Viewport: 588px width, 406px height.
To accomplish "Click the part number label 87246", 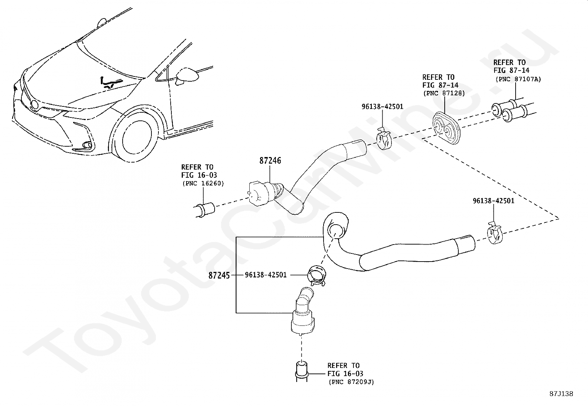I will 270,161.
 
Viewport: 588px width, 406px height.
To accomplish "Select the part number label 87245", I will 219,275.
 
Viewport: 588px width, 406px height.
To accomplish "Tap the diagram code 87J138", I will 561,394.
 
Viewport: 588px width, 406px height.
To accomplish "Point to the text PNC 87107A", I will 518,79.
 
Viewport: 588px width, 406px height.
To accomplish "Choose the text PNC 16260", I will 203,183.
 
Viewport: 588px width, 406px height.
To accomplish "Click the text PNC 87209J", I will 351,382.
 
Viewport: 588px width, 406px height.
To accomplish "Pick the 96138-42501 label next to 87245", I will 266,275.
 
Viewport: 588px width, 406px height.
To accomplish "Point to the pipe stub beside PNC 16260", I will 205,209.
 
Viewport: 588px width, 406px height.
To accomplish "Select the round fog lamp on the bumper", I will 87,145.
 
